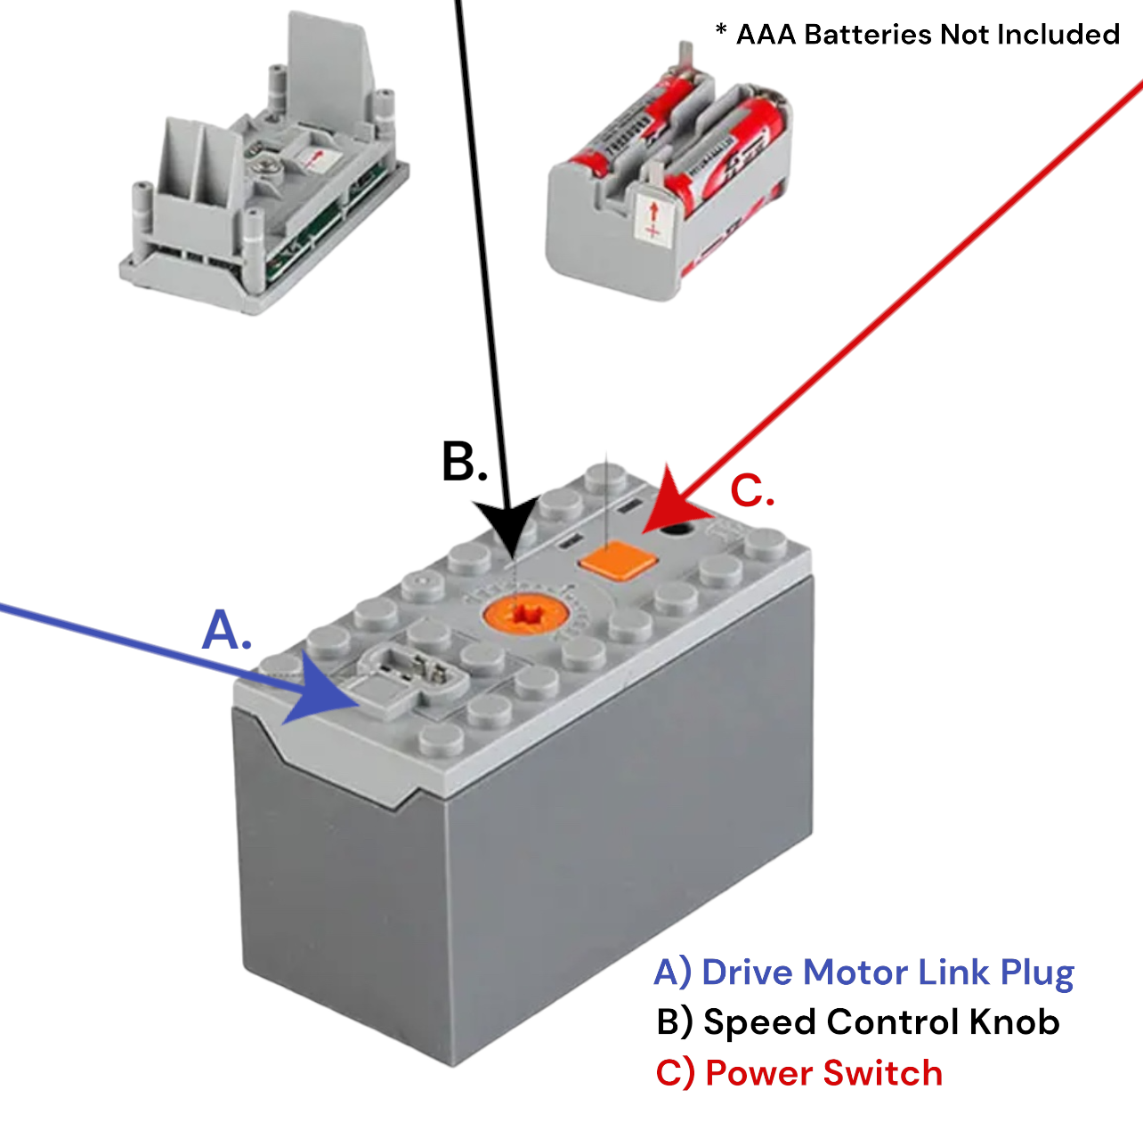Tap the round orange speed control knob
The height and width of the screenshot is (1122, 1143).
pos(524,614)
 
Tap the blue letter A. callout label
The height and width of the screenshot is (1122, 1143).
pos(226,631)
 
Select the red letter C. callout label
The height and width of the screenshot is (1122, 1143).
pos(751,491)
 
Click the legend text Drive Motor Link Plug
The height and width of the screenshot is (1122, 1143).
pos(888,973)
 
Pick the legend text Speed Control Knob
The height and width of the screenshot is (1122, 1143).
pos(881,1022)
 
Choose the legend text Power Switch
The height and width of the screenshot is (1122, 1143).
pos(823,1073)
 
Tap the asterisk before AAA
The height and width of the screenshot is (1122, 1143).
pos(721,31)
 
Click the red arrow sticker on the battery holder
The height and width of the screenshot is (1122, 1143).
pos(652,219)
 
